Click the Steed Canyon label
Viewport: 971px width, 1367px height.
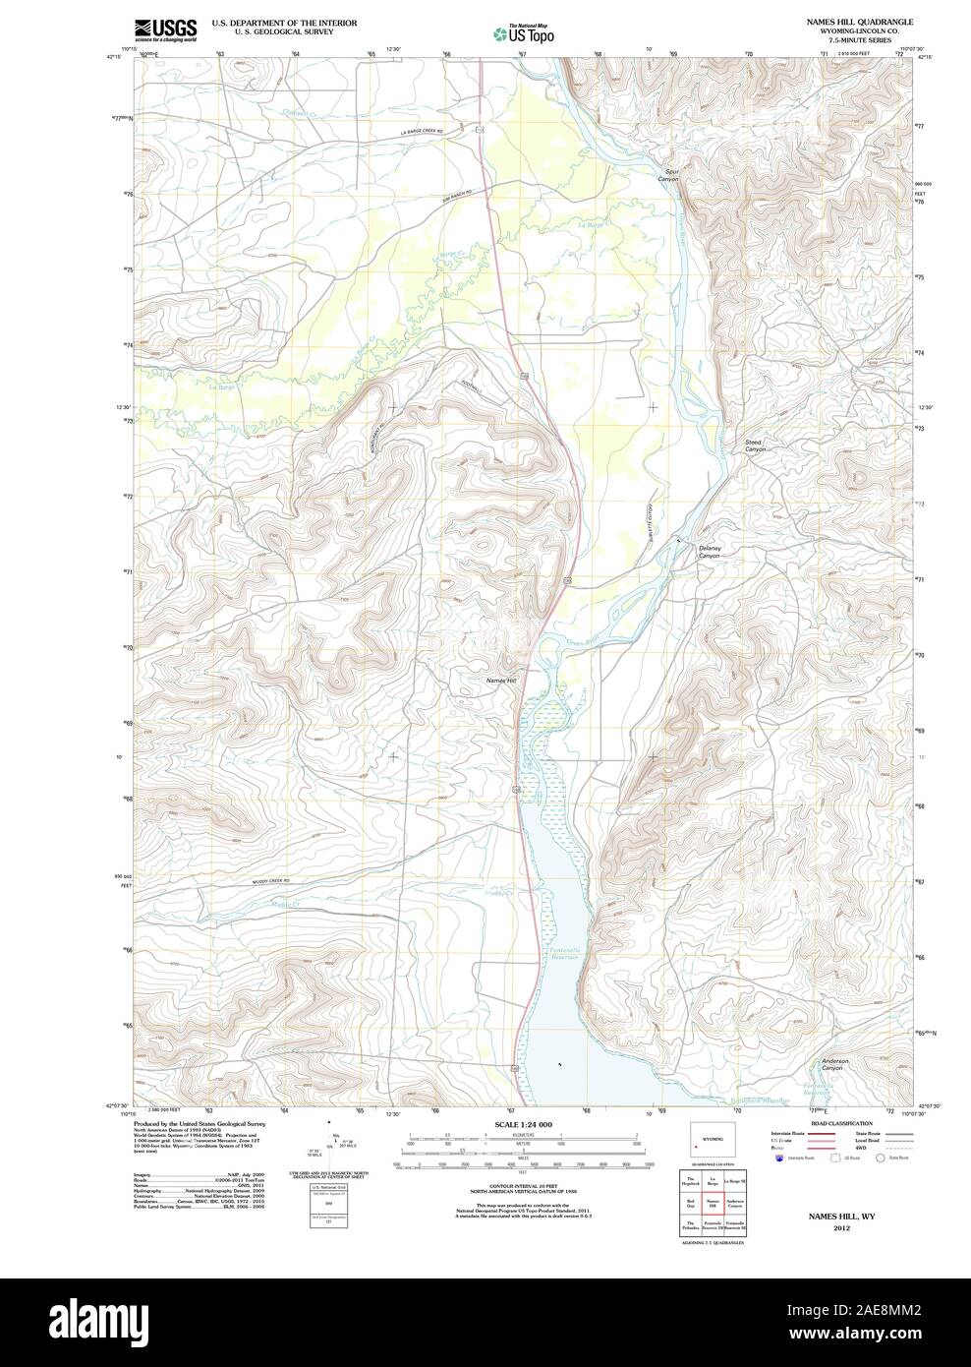point(753,446)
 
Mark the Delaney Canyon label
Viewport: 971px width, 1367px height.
point(710,552)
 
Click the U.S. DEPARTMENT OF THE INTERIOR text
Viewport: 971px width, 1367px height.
point(270,22)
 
